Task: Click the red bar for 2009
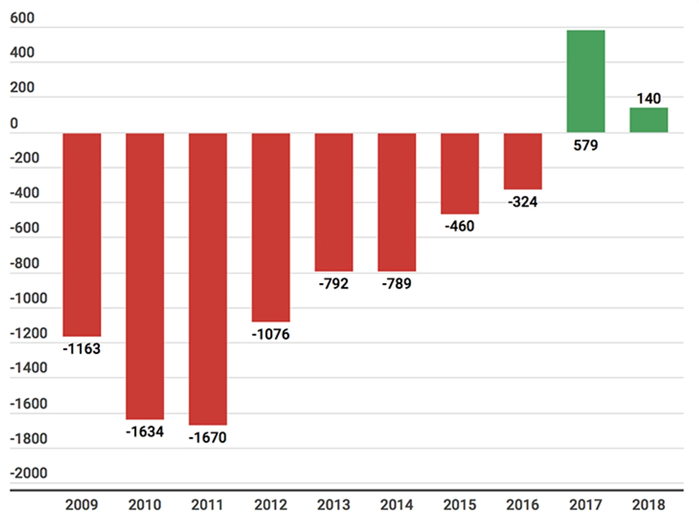pyautogui.click(x=82, y=234)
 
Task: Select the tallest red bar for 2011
pyautogui.click(x=208, y=279)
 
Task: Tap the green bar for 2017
pyautogui.click(x=586, y=81)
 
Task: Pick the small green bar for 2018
pyautogui.click(x=648, y=120)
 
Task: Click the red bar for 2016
pyautogui.click(x=522, y=161)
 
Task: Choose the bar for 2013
pyautogui.click(x=334, y=202)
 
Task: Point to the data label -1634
pyautogui.click(x=145, y=432)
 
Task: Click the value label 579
pyautogui.click(x=586, y=145)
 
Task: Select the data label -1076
pyautogui.click(x=271, y=334)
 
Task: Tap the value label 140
pyautogui.click(x=648, y=98)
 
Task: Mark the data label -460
pyautogui.click(x=460, y=226)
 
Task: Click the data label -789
pyautogui.click(x=396, y=283)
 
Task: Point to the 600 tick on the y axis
pyautogui.click(x=22, y=18)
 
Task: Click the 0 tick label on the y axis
pyautogui.click(x=14, y=123)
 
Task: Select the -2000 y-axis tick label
pyautogui.click(x=29, y=473)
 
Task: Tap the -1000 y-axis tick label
pyautogui.click(x=29, y=298)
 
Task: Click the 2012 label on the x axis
pyautogui.click(x=271, y=505)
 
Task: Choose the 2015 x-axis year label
pyautogui.click(x=460, y=505)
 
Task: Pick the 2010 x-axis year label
pyautogui.click(x=145, y=505)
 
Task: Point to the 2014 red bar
pyautogui.click(x=396, y=202)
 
